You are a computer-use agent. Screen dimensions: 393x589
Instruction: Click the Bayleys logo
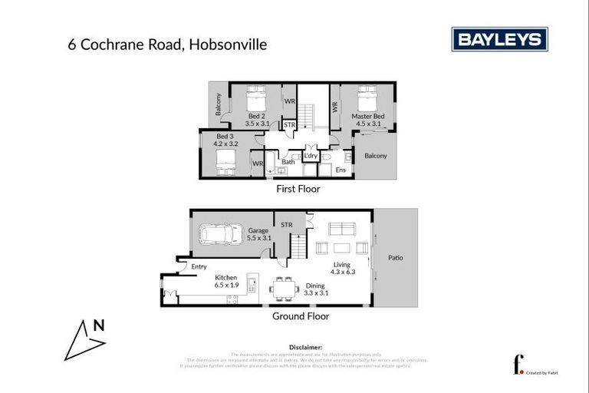(x=499, y=39)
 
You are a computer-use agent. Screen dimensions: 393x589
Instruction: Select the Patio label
(x=395, y=258)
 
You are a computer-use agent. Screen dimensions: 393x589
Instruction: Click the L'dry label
(x=311, y=156)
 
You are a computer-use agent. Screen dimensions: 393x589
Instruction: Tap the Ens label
(x=341, y=170)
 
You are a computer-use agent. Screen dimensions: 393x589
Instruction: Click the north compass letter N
(x=98, y=325)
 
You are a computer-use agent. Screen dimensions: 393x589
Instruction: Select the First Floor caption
(x=298, y=189)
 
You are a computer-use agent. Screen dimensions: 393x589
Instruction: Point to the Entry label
(x=199, y=266)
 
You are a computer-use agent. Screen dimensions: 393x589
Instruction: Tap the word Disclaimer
(x=304, y=347)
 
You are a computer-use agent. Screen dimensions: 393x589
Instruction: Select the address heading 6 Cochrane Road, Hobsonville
(x=167, y=45)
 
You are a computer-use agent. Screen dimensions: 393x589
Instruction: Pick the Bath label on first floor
(x=288, y=162)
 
